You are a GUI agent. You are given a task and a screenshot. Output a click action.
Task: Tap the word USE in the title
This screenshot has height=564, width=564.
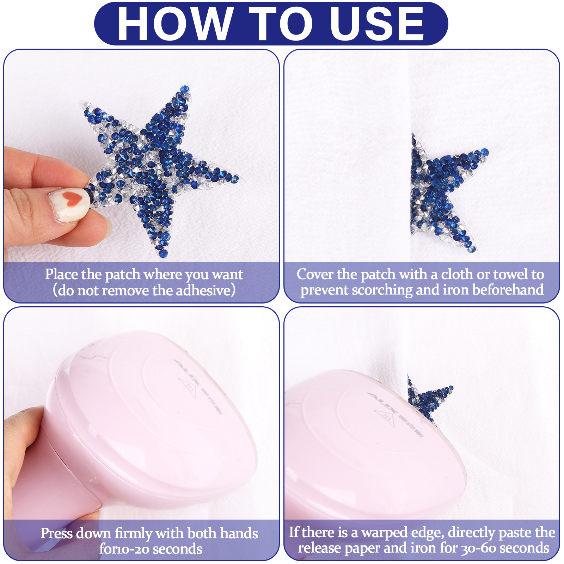(376, 24)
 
